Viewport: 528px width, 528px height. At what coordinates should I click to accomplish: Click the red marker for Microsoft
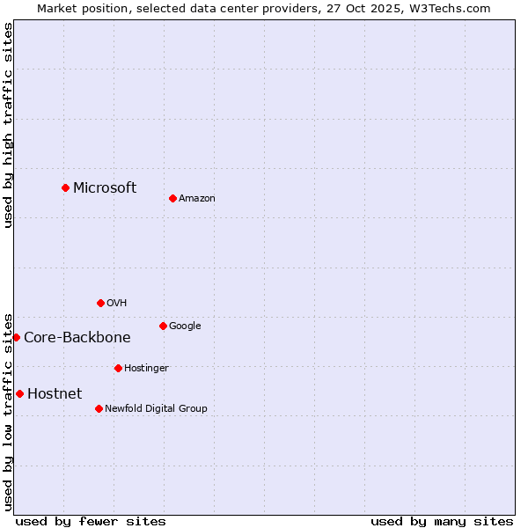point(65,187)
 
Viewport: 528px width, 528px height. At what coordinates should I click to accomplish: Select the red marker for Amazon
point(172,198)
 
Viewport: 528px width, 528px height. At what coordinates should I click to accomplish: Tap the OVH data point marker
point(100,303)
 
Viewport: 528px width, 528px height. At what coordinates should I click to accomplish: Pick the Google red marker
point(163,326)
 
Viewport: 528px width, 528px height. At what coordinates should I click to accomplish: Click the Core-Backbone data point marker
point(16,337)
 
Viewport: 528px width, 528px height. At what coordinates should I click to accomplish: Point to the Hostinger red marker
point(118,368)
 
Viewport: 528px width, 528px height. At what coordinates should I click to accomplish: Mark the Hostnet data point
point(19,393)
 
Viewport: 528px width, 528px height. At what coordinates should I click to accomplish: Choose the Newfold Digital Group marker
point(99,408)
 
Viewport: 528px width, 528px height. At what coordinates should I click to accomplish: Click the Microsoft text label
point(105,187)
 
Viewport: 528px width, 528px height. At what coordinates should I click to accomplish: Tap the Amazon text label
point(197,199)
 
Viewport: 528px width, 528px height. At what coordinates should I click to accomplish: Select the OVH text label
point(117,304)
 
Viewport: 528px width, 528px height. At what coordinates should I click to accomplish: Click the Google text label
point(185,326)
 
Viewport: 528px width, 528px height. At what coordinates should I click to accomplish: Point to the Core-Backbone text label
point(77,337)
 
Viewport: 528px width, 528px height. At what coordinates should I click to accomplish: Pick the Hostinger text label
point(146,369)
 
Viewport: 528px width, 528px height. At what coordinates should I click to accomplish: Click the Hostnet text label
point(55,393)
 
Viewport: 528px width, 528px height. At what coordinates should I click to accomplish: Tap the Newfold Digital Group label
point(156,409)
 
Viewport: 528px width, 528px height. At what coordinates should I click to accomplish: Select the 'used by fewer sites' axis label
point(91,521)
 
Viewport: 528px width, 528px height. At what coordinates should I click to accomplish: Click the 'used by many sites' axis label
point(442,521)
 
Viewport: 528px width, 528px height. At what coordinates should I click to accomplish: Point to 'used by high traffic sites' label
point(8,125)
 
